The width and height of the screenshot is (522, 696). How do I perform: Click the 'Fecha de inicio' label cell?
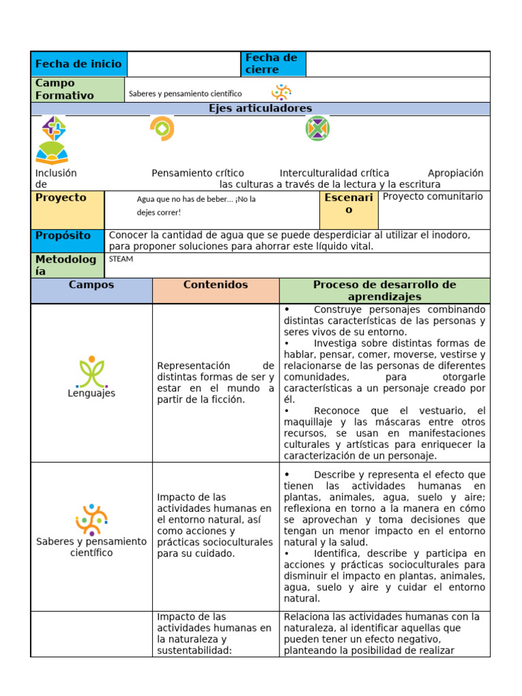click(x=78, y=64)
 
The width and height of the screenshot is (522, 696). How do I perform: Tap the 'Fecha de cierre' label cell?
click(x=273, y=64)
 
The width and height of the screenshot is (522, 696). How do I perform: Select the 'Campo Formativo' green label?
click(x=78, y=89)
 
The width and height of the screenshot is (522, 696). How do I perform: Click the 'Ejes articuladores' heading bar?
click(x=260, y=109)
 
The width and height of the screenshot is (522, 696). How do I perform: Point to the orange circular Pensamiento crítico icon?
click(x=162, y=128)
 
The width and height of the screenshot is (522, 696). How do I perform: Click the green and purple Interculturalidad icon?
click(x=317, y=128)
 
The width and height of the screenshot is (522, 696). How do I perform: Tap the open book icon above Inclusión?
click(x=52, y=153)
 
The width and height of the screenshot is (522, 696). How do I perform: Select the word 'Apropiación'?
click(x=455, y=173)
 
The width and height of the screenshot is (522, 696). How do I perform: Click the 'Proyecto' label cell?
click(x=67, y=210)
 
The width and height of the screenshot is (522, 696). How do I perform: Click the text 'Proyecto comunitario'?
click(x=433, y=196)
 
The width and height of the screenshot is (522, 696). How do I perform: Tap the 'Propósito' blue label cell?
click(x=67, y=241)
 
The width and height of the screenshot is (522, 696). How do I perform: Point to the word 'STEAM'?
click(x=121, y=259)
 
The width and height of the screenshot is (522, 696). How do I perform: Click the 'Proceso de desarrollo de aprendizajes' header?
click(x=384, y=290)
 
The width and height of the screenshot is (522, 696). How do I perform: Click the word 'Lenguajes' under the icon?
click(x=92, y=394)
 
